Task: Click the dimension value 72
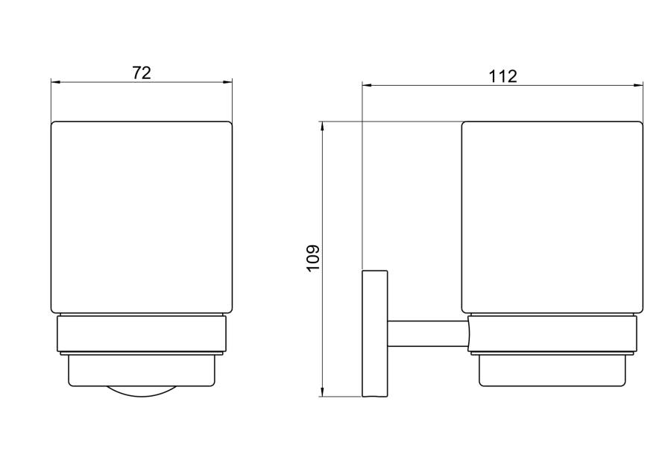point(141,73)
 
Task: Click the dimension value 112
point(503,77)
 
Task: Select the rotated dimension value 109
point(313,257)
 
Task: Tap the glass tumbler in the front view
point(141,217)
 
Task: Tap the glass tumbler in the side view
point(552,217)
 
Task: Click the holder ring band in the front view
point(141,334)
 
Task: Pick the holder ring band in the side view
point(552,334)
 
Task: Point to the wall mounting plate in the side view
point(375,333)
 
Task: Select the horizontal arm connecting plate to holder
point(428,334)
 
